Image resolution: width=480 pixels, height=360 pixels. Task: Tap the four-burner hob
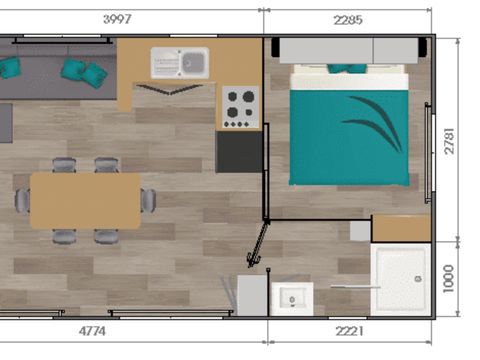(x=240, y=107)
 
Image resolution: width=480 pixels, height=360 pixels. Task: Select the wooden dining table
(x=85, y=200)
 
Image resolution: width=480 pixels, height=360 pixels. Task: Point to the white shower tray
(x=401, y=280)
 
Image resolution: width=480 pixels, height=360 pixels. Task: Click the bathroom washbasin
(x=292, y=298)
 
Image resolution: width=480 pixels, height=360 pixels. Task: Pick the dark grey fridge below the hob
(x=239, y=153)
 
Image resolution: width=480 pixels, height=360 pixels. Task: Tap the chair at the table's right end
(x=149, y=200)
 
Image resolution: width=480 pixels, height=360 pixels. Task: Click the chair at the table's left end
(x=21, y=200)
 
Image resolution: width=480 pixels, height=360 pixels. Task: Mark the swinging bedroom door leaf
(x=259, y=245)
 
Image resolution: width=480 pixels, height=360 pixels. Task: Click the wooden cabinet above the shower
(x=401, y=228)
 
